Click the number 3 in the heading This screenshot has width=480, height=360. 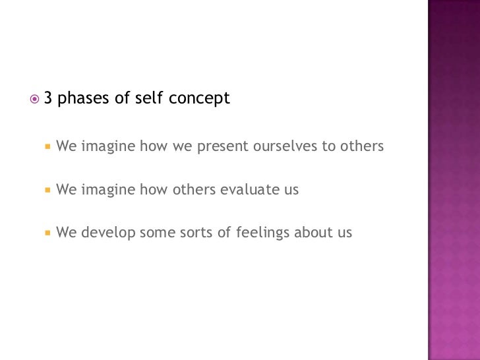[x=48, y=99]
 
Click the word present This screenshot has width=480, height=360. [x=222, y=146]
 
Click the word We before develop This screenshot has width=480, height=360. [x=67, y=233]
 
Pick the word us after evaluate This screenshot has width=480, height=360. [x=291, y=191]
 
